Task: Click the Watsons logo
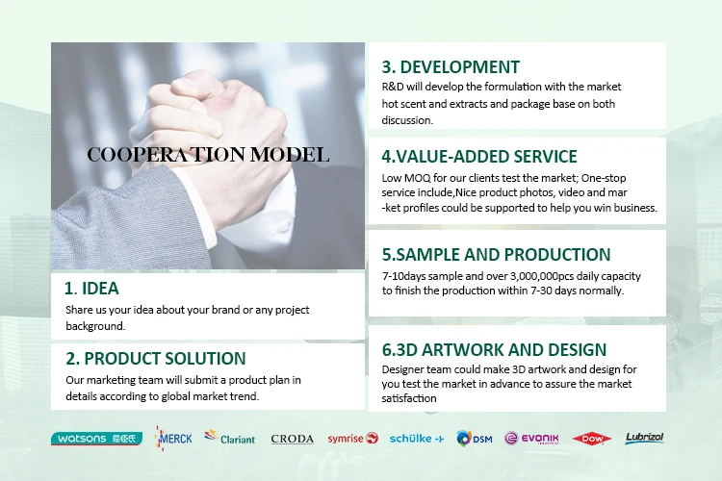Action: point(96,439)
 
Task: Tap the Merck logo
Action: point(173,439)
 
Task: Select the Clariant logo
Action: point(230,438)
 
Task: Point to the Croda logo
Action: point(292,439)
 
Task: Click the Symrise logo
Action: point(352,439)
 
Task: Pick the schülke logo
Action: point(417,439)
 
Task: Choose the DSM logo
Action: point(475,439)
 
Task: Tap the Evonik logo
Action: point(531,439)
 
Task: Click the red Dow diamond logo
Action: point(592,439)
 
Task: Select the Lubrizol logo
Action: point(644,438)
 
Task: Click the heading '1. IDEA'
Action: point(91,289)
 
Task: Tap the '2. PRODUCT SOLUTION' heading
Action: point(156,359)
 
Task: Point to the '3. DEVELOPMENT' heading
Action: point(451,67)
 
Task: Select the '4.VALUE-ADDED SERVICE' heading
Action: point(479,157)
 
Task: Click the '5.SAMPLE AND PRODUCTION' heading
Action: point(497,255)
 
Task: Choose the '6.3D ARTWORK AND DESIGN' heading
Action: point(494,350)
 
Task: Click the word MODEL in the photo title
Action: point(290,155)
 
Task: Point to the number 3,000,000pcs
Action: point(541,276)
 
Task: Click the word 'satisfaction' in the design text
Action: point(409,398)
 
